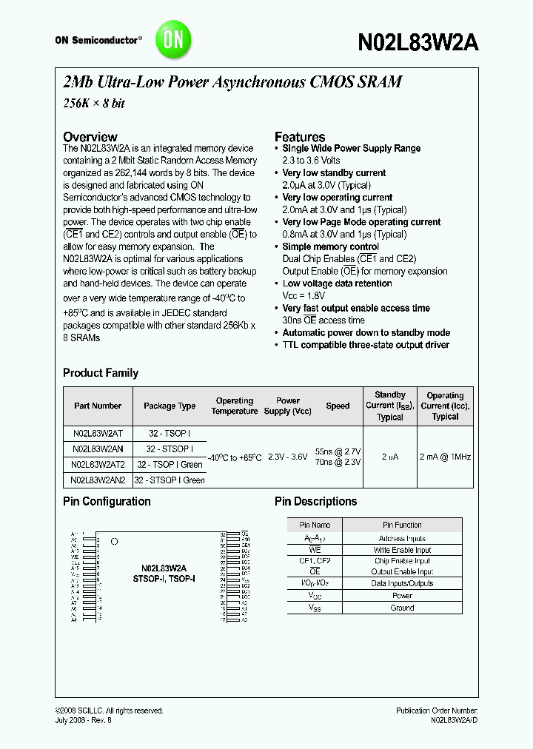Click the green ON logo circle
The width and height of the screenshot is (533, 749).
tap(173, 40)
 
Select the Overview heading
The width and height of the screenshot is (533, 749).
tap(90, 137)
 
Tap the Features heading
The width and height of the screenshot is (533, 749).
tap(300, 137)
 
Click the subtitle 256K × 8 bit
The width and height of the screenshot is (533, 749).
tap(93, 104)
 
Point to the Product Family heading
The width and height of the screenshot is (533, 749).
tap(101, 373)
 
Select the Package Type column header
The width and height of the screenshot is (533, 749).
tap(170, 406)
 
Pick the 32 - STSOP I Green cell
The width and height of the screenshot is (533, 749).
tap(170, 480)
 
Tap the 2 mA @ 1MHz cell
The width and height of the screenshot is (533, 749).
tap(445, 457)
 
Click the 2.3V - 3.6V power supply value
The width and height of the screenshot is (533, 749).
tap(287, 457)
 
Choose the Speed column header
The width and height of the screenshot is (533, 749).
tap(338, 406)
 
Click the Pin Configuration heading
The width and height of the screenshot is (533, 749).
tap(107, 501)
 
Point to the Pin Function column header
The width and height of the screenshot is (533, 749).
tap(402, 525)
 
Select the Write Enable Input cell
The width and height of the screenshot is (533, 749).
tap(402, 550)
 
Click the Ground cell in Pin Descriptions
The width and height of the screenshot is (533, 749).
tap(402, 608)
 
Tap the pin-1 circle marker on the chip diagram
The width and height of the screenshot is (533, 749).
tap(114, 542)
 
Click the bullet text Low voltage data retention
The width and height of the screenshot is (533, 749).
tap(337, 283)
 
